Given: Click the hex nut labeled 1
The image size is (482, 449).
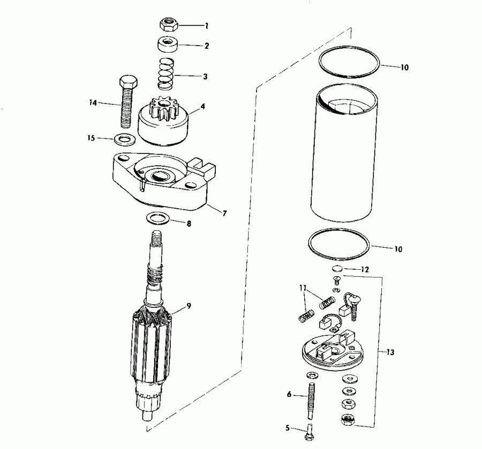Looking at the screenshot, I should [169, 24].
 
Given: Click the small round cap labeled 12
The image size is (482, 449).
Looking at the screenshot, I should [337, 269].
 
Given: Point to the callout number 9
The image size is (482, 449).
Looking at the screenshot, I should [189, 306].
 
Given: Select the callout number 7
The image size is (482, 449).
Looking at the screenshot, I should [224, 213].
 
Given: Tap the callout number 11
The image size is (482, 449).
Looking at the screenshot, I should [304, 288].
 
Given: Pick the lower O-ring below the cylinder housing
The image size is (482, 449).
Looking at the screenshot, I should [339, 245].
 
